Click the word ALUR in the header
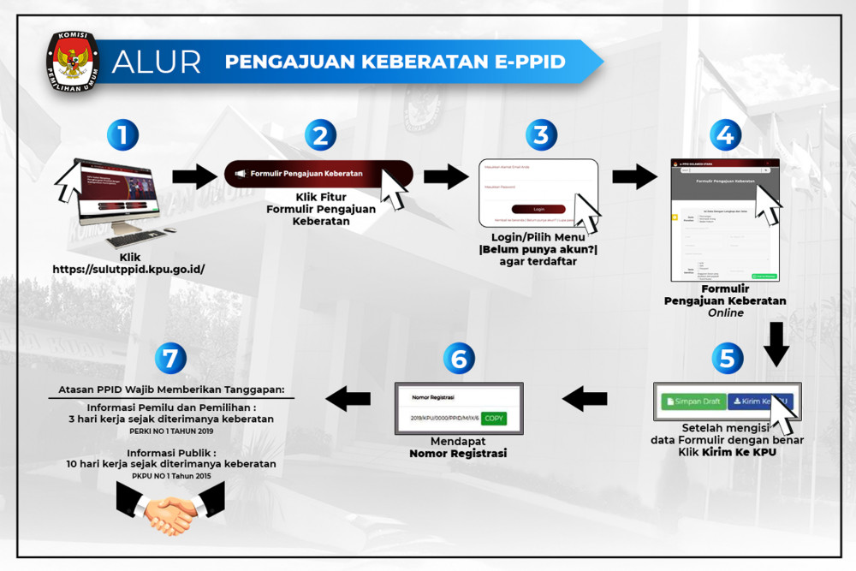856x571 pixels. click(x=157, y=62)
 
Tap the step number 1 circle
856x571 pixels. click(x=123, y=135)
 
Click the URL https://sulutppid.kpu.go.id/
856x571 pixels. click(x=128, y=269)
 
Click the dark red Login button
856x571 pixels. click(x=538, y=209)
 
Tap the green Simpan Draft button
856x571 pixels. click(x=693, y=401)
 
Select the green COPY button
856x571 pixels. click(x=493, y=419)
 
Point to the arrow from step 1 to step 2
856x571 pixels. click(x=195, y=177)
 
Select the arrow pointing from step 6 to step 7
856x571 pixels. click(x=348, y=397)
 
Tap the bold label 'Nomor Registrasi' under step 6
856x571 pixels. click(x=458, y=453)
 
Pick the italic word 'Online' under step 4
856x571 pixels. click(x=725, y=313)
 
